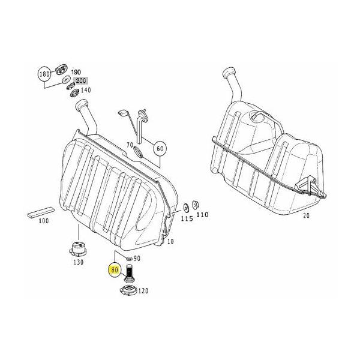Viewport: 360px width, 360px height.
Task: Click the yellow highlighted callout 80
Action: pos(115,270)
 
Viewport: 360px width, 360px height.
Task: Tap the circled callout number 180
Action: pos(44,74)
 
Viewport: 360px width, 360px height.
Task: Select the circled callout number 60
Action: pos(160,149)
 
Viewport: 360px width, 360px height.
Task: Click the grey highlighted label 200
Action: pos(80,80)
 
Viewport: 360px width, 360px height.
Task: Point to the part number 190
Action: pos(76,72)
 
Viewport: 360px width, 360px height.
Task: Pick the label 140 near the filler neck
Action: pos(86,90)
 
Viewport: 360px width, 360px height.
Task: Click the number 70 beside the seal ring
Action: pos(130,145)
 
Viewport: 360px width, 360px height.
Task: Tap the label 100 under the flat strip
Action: pos(44,221)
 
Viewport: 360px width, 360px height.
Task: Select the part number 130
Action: pos(78,262)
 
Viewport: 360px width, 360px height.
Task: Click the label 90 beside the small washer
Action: pos(137,259)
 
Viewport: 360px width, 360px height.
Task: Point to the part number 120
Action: pos(143,291)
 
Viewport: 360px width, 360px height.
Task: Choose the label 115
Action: pos(187,218)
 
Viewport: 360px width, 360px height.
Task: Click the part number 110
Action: pos(202,215)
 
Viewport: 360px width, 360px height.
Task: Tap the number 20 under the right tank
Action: pos(306,215)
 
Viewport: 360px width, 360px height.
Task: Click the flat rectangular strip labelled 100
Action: pos(41,212)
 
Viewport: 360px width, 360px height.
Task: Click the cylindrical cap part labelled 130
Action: pos(78,250)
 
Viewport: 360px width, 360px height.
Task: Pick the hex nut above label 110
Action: pos(196,205)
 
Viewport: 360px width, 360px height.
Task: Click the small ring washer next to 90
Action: pos(129,259)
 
